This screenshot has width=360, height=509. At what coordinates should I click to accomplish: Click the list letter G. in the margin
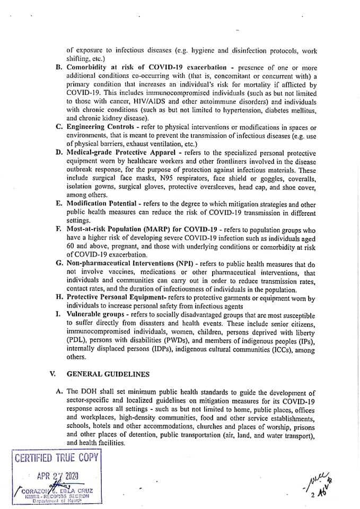click(x=59, y=264)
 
